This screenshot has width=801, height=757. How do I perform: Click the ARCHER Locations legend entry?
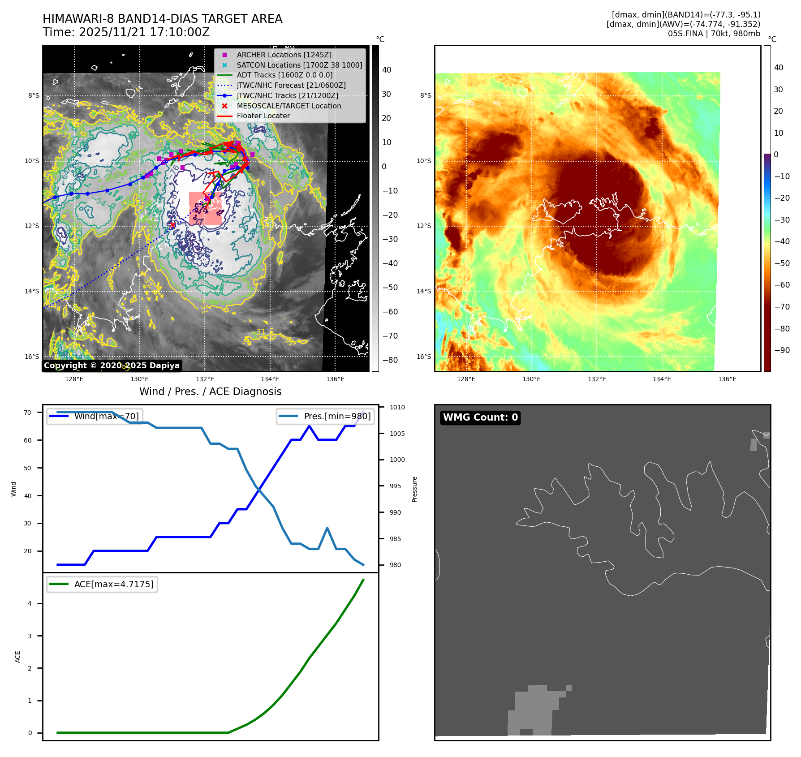pyautogui.click(x=284, y=55)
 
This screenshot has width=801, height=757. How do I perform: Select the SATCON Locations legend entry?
pyautogui.click(x=299, y=65)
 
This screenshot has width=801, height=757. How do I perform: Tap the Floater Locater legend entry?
pyautogui.click(x=263, y=116)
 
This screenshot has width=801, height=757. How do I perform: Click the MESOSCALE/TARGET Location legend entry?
pyautogui.click(x=289, y=106)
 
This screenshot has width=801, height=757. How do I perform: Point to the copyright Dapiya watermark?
pyautogui.click(x=112, y=366)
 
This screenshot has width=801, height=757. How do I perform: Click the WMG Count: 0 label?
pyautogui.click(x=480, y=417)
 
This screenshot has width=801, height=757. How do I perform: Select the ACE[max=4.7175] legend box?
pyautogui.click(x=102, y=584)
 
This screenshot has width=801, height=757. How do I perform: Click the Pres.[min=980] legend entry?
pyautogui.click(x=326, y=417)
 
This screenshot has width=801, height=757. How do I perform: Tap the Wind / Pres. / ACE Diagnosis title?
pyautogui.click(x=211, y=391)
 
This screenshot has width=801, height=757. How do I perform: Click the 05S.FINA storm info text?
pyautogui.click(x=714, y=34)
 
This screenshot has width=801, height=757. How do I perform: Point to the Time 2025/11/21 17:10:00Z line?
pyautogui.click(x=126, y=32)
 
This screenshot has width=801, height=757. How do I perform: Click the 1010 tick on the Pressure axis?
pyautogui.click(x=397, y=407)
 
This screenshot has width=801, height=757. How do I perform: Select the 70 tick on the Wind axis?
pyautogui.click(x=28, y=413)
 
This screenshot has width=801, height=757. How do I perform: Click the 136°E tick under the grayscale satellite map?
pyautogui.click(x=336, y=379)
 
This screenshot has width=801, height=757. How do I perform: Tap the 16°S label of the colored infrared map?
pyautogui.click(x=424, y=357)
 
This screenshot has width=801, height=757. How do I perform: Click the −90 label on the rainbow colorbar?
pyautogui.click(x=782, y=350)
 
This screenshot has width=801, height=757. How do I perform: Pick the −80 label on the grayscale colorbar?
pyautogui.click(x=390, y=360)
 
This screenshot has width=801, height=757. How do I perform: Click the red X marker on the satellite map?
pyautogui.click(x=173, y=225)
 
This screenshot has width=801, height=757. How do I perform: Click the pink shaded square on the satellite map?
pyautogui.click(x=205, y=209)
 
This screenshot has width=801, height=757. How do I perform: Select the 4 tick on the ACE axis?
pyautogui.click(x=30, y=603)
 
